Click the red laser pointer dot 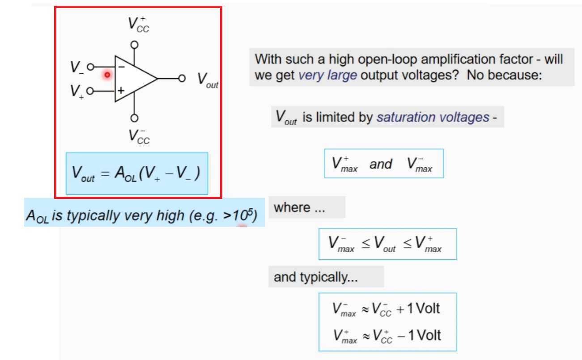tap(107, 75)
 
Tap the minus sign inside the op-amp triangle tap(121, 66)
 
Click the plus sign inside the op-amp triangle tap(121, 90)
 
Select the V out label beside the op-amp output tap(208, 80)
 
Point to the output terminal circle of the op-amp tap(182, 78)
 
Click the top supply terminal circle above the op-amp tap(134, 45)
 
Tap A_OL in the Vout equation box tap(126, 174)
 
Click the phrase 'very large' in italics tap(327, 75)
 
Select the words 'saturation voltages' tap(433, 117)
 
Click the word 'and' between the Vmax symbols tap(381, 164)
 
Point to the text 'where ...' tap(299, 208)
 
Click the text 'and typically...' tap(316, 277)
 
